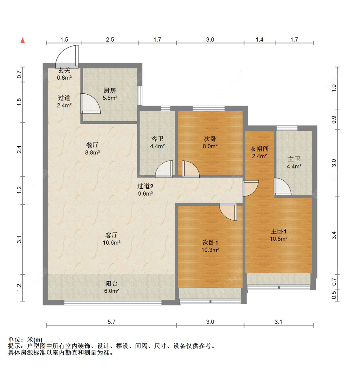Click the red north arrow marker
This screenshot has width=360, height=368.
[x=22, y=40]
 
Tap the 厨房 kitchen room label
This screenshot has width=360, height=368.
[x=110, y=90]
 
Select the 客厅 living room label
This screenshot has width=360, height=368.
[x=111, y=235]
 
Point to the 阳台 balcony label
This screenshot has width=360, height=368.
[x=111, y=283]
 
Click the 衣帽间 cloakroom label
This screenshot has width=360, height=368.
[x=259, y=149]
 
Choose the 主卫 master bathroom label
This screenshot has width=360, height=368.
[x=294, y=159]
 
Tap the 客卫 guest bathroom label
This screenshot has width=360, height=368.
[x=157, y=139]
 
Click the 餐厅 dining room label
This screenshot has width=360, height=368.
[x=92, y=145]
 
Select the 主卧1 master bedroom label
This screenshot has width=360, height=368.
[x=278, y=231]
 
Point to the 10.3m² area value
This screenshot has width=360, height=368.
[x=210, y=250]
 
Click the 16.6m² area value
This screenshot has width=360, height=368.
[x=111, y=243]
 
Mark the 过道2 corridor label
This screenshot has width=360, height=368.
[x=145, y=186]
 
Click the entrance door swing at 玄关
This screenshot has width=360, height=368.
[x=67, y=57]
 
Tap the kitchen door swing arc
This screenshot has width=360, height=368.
[x=91, y=103]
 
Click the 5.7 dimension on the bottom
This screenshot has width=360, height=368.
[x=111, y=322]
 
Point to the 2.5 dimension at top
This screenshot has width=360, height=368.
[x=110, y=40]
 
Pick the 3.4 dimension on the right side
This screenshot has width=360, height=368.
[x=334, y=235]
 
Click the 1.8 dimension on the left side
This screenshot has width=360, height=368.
[x=19, y=102]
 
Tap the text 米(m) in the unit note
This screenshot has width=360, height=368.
[x=35, y=340]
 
